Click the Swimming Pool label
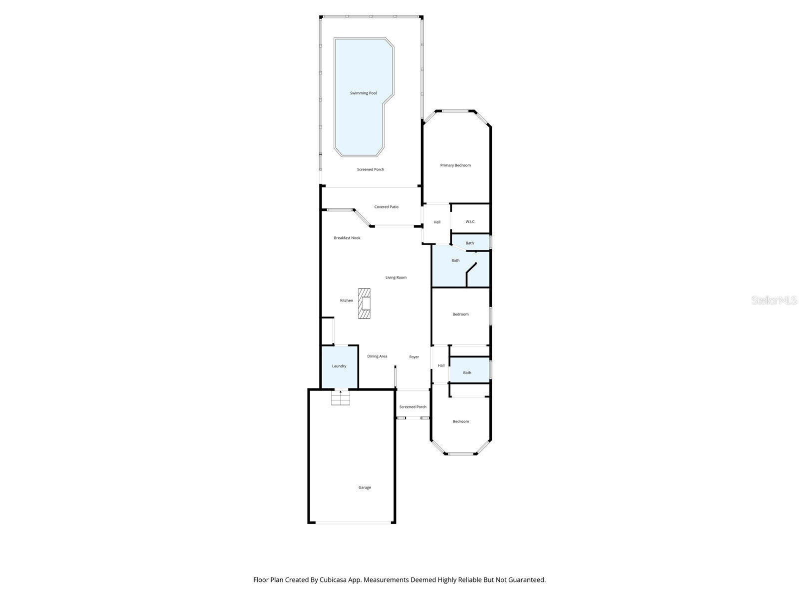[363, 93]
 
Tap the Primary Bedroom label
[455, 165]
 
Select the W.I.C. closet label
[470, 221]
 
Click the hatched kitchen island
[364, 303]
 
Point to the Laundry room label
[339, 366]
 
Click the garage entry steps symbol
[341, 398]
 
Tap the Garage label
[365, 487]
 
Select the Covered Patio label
[387, 207]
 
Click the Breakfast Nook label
[347, 238]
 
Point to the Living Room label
[396, 277]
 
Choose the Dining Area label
[377, 356]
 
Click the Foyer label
[414, 357]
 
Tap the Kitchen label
[347, 300]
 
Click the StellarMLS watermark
[774, 300]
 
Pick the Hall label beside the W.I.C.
[437, 222]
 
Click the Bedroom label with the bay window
[461, 421]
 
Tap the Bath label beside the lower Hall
[467, 372]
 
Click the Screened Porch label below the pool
[371, 169]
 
